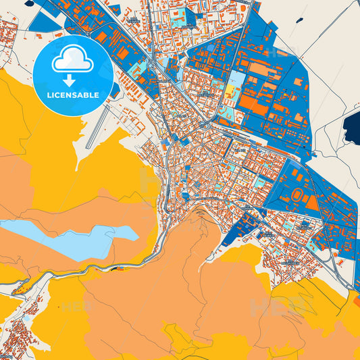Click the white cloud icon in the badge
coord(73,59)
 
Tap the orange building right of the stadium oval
coord(311,202)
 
